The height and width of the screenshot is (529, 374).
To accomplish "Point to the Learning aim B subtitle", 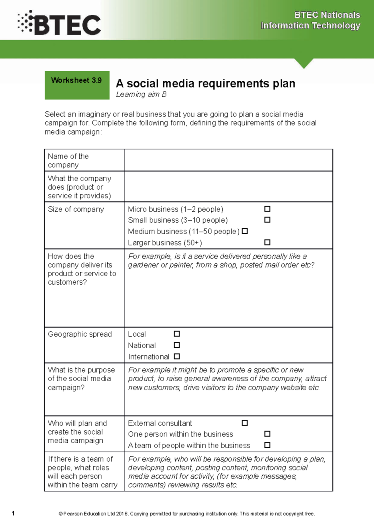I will point(141,94).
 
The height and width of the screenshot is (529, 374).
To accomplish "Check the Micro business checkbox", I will point(267,209).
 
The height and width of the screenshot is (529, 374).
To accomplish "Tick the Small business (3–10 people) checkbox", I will point(267,220).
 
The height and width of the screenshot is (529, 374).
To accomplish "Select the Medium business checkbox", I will point(245,231).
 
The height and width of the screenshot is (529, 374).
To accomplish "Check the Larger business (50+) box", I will point(267,242).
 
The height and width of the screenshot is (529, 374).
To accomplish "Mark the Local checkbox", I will point(177,334).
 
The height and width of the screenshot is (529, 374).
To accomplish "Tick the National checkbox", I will point(177,345).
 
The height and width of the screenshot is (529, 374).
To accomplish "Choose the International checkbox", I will point(177,356).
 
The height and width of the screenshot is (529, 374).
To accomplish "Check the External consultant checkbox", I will point(245,423).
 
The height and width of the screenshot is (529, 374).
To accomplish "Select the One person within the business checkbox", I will point(267,434).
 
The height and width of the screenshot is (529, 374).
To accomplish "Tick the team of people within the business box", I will point(267,445).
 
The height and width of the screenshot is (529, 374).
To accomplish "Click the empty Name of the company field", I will point(228,160).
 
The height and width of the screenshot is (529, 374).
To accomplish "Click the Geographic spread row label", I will point(80,334).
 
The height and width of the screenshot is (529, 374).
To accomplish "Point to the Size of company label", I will point(76,209).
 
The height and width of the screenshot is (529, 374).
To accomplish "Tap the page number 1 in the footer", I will point(13,513).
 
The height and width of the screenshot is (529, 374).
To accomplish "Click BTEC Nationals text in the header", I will point(327,15).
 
